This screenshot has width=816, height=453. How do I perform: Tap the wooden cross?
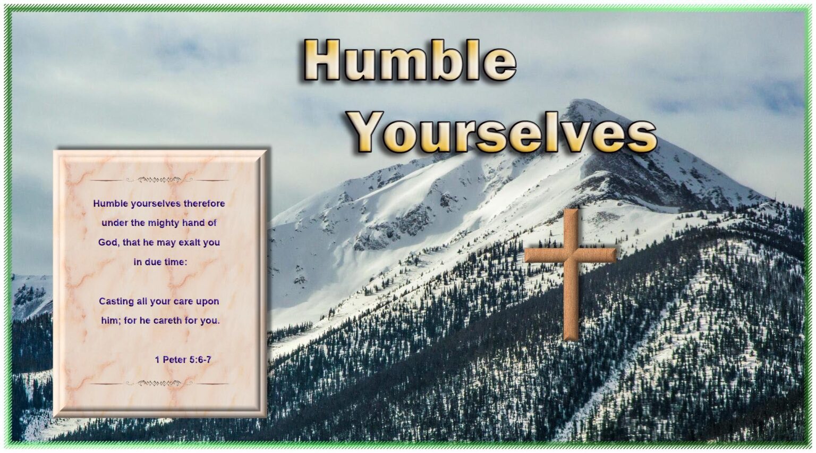[571, 266]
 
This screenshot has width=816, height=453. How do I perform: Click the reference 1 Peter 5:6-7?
[183, 360]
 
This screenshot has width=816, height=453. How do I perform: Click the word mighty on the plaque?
[164, 223]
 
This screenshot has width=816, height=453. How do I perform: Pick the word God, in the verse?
[108, 242]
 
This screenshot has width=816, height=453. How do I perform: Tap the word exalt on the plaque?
[186, 242]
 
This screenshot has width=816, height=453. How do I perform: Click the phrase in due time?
[160, 262]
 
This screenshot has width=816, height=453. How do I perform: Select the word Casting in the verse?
[116, 301]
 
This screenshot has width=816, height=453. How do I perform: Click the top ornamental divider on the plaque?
[159, 180]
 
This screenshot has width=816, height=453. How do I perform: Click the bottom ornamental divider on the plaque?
[159, 383]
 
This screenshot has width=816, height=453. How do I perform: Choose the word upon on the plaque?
[207, 301]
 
